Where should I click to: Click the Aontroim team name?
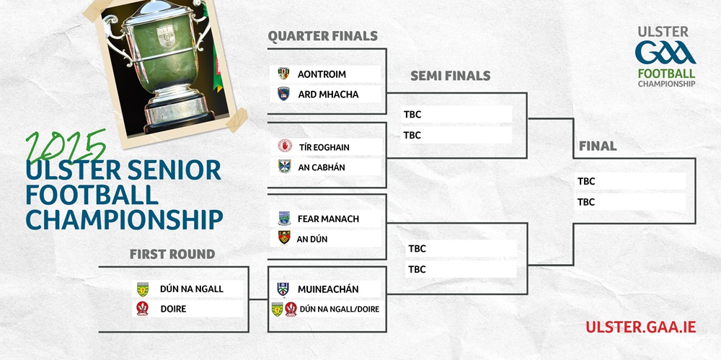322,74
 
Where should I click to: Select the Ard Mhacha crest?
283,94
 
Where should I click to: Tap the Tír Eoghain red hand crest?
285,146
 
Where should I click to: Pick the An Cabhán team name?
322,167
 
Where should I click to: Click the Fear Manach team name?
328,219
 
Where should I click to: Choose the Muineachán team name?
328,289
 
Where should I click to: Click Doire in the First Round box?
173,309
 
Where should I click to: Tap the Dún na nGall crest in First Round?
143,289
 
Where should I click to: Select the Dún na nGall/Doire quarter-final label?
340,309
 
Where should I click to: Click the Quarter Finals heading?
322,36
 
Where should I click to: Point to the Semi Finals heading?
450,76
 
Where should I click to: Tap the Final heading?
597,146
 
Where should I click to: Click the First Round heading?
172,254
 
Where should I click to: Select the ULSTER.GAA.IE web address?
640,327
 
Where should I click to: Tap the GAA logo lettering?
665,53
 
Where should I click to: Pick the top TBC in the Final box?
586,181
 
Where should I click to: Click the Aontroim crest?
283,74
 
